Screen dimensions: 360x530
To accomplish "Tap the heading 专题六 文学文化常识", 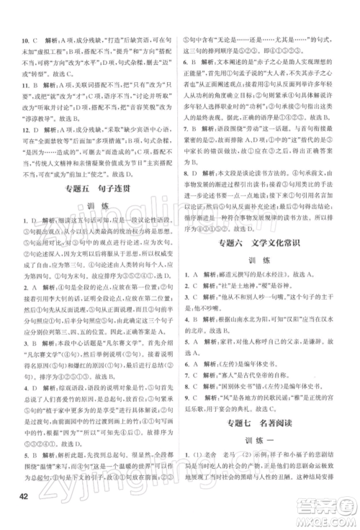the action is click(x=271, y=264).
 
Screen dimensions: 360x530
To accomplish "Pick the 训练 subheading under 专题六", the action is click(x=270, y=283).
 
